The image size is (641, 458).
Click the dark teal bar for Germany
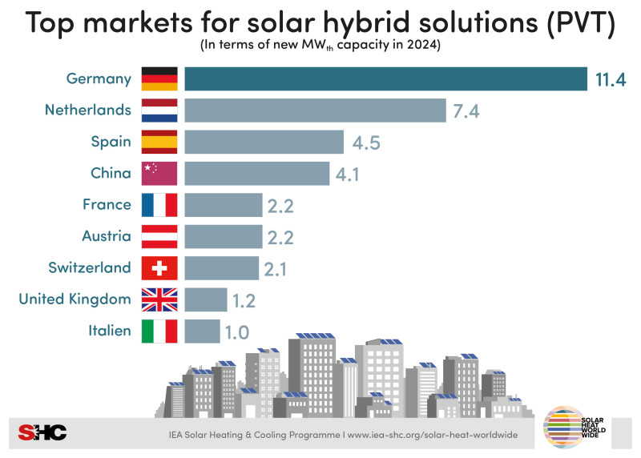point(385,79)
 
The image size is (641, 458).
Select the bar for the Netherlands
point(315,110)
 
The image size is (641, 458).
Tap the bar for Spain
point(264,142)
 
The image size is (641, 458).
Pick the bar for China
point(256,173)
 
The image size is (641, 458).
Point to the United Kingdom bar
point(205,299)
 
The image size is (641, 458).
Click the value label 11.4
point(610,79)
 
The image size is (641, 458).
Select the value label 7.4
point(466,111)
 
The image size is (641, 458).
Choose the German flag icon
point(159,79)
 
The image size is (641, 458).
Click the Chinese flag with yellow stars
point(159,173)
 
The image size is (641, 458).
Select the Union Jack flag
point(159,299)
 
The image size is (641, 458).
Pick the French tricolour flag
point(159,205)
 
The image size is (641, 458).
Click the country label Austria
point(107,236)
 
